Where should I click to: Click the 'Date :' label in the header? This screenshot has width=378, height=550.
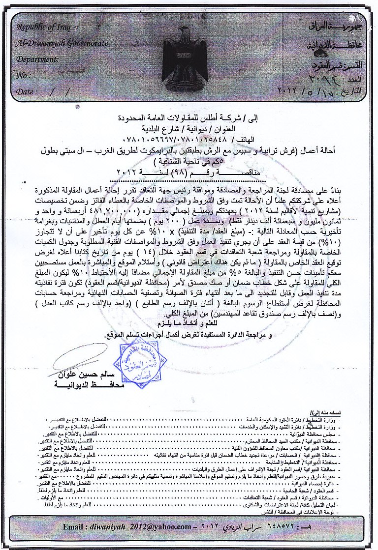[27, 91]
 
